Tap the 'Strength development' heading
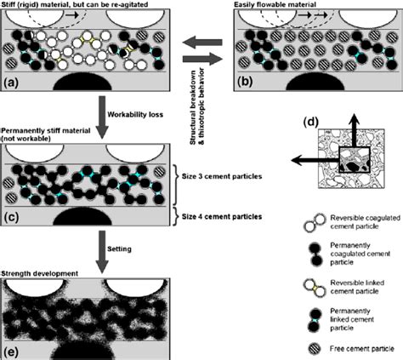point(43,274)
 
